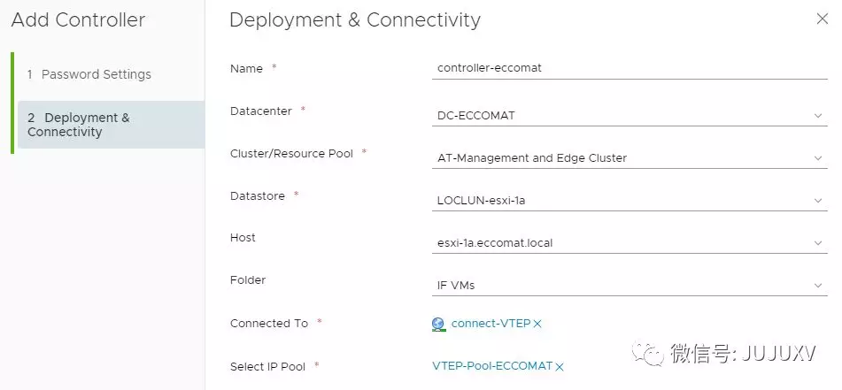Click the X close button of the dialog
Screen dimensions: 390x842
[822, 19]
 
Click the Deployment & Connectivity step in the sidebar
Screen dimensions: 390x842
[79, 125]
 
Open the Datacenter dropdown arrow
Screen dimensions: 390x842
[818, 115]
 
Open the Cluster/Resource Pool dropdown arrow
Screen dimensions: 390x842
[818, 158]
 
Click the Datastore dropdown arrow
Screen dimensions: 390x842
[818, 201]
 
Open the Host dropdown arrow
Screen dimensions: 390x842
[818, 243]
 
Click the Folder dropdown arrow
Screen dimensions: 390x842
[818, 286]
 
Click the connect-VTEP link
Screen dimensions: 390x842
[491, 324]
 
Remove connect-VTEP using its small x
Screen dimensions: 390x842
[537, 325]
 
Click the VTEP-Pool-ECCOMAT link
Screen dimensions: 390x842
[492, 366]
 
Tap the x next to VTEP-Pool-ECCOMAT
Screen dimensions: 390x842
[560, 367]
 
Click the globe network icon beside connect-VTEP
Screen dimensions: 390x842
[439, 325]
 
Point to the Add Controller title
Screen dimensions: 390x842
[78, 19]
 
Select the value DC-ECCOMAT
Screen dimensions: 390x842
[475, 116]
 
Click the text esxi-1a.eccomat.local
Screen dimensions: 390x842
[496, 243]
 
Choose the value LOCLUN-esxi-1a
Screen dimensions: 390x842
[481, 201]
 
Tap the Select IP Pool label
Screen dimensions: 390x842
[267, 366]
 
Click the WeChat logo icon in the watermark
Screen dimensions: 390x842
[653, 354]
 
